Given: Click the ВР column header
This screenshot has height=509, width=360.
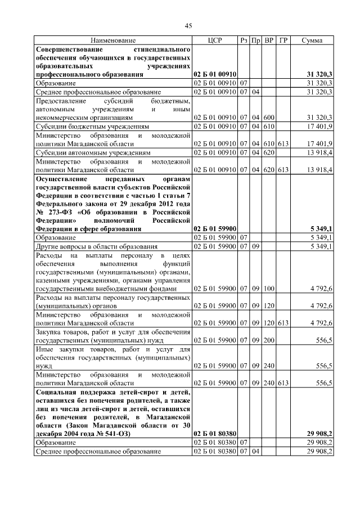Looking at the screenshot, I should point(269,40).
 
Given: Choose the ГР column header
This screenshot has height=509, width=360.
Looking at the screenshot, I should point(283,40).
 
